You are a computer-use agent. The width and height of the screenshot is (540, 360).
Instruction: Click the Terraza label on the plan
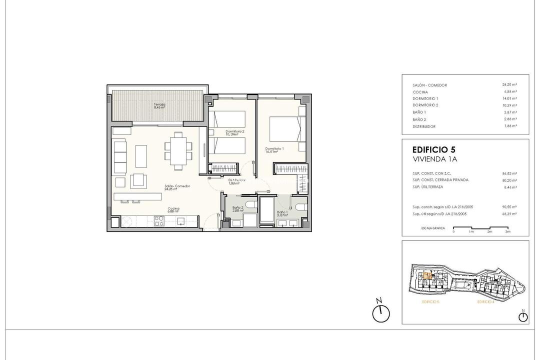pos(160,105)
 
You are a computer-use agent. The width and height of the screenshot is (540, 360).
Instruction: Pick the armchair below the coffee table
pos(138,179)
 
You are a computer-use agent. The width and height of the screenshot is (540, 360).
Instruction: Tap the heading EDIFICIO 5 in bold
pos(433,149)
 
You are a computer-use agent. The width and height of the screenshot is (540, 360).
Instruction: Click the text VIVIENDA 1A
pos(435,159)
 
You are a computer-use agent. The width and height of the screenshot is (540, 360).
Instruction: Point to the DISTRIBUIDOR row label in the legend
pos(424,126)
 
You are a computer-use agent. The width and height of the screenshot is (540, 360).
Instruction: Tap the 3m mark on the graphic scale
pos(507,232)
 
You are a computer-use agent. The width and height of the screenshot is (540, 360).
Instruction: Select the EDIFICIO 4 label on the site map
pos(485,302)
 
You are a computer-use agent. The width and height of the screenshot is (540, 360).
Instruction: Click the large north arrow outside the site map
pos(380,312)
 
